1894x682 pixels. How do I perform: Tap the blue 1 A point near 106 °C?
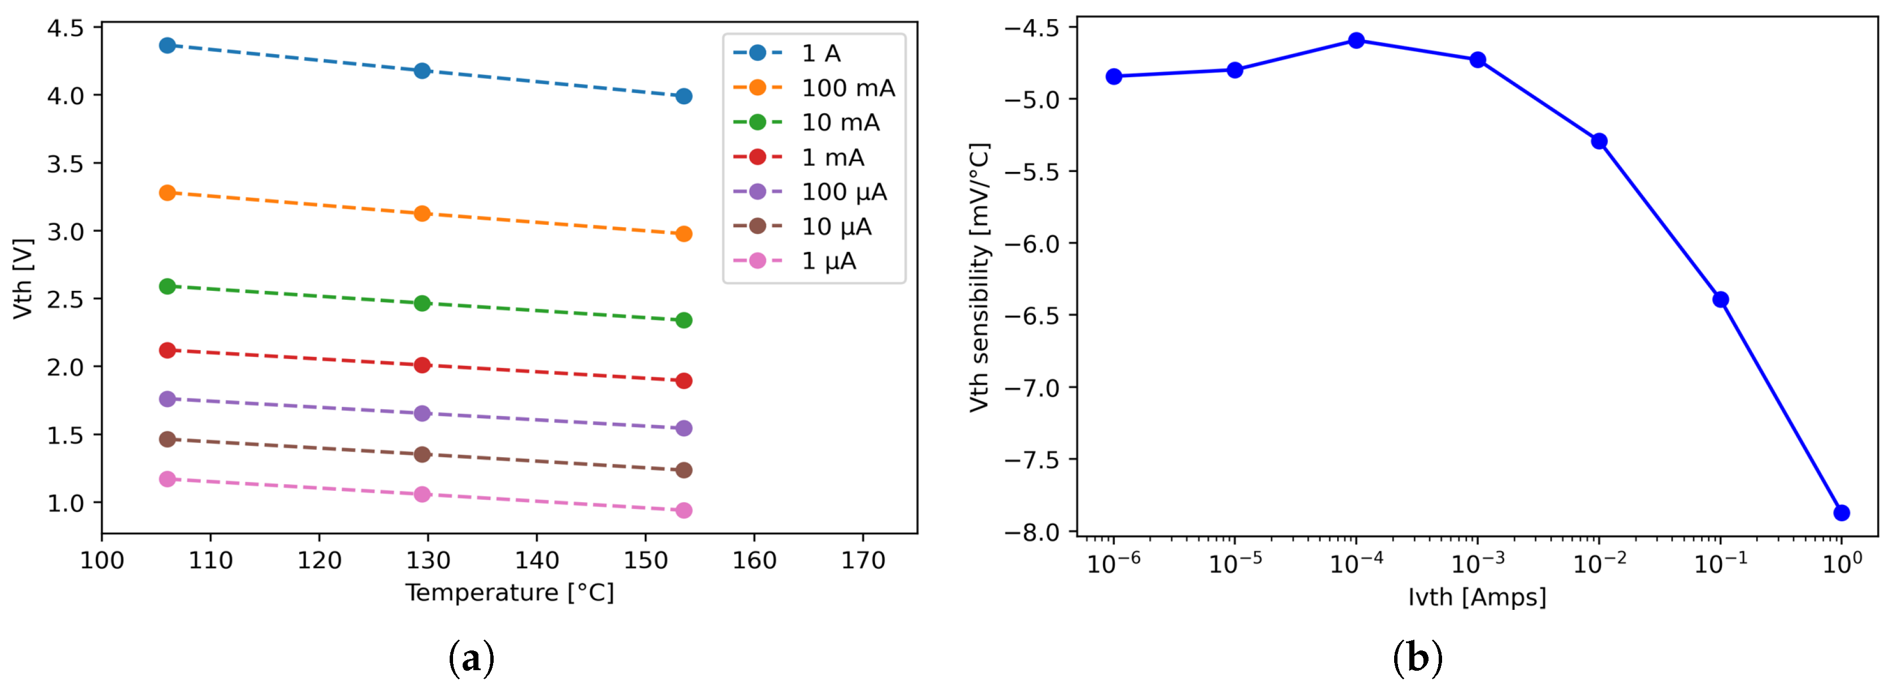tap(168, 46)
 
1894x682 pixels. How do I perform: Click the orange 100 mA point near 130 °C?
tap(422, 214)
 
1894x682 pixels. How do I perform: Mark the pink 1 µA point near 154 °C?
tap(684, 510)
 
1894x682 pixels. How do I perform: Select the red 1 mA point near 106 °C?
tap(168, 351)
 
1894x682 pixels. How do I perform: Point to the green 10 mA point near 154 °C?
tap(684, 320)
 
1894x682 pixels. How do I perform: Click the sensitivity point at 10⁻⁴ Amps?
tap(1356, 41)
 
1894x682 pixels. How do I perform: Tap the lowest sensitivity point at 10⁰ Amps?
tap(1842, 513)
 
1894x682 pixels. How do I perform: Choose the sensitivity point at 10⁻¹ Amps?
tap(1720, 300)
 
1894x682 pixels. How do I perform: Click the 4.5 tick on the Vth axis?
tap(65, 28)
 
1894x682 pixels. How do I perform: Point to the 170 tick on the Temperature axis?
tap(863, 561)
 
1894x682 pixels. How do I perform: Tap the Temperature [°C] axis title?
tap(509, 592)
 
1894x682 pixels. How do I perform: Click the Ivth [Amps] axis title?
tap(1477, 597)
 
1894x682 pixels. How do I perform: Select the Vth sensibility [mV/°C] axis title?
tap(979, 277)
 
